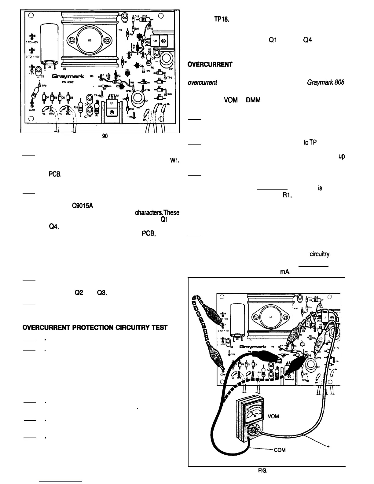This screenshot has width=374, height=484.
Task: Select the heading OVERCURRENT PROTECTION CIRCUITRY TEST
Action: [95, 328]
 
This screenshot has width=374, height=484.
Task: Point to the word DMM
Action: [253, 100]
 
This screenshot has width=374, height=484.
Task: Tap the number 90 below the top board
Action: [105, 136]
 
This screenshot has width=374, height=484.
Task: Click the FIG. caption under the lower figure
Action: [262, 471]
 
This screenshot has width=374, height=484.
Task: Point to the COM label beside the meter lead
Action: [279, 450]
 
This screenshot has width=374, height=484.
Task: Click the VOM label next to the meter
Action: [273, 416]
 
